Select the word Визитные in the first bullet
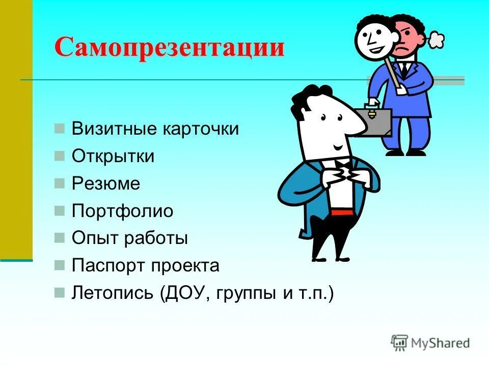(x=114, y=129)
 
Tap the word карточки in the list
(x=201, y=129)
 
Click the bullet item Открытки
(x=113, y=156)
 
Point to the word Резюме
(x=105, y=184)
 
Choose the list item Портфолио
(x=122, y=211)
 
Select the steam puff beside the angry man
(x=436, y=40)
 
